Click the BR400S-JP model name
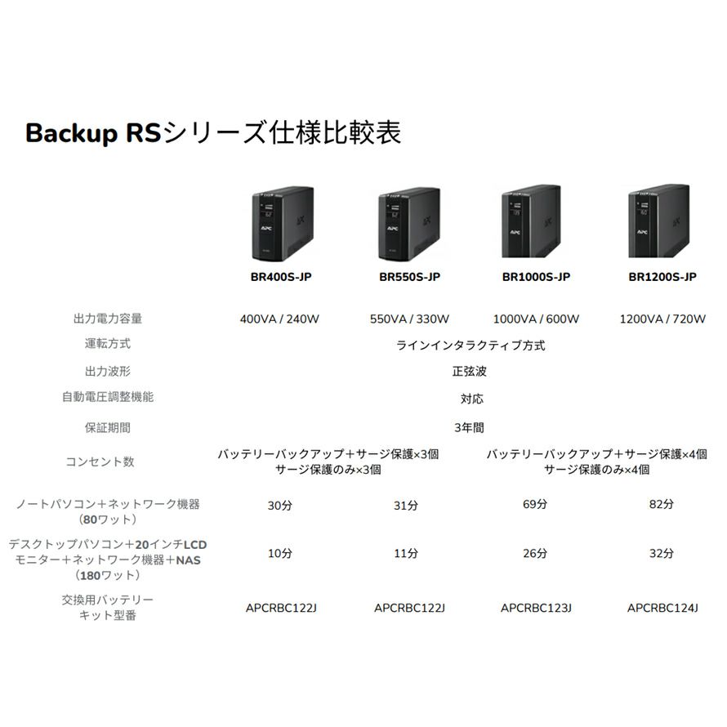pos(280,277)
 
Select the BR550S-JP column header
pos(409,277)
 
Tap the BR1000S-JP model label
pos(536,277)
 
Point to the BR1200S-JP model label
pos(662,277)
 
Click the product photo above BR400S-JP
pos(280,221)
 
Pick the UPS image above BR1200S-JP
pos(662,221)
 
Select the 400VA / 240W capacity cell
pos(279,319)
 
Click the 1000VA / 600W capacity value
pos(536,319)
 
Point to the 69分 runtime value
pos(536,505)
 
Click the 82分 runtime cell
pos(662,505)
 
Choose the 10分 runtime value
pos(279,554)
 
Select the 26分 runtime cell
pos(536,554)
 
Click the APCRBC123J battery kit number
pos(536,608)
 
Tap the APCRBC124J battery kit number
pos(662,608)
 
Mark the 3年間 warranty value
pos(470,427)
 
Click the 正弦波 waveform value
pos(470,372)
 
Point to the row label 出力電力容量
pos(108,319)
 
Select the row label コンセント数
pos(100,462)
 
